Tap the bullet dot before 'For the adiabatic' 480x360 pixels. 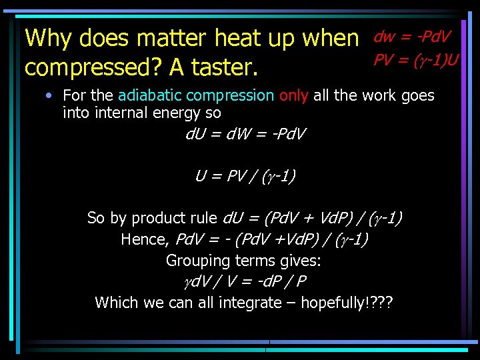pos(49,96)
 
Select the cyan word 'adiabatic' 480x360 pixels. pos(155,96)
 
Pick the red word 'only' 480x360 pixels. pos(294,96)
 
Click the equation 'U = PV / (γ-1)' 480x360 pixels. pos(245,176)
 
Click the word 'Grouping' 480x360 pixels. pos(196,261)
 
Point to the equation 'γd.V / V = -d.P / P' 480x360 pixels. pos(244,281)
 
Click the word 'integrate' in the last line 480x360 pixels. pos(248,303)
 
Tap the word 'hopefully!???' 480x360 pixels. pos(347,303)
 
